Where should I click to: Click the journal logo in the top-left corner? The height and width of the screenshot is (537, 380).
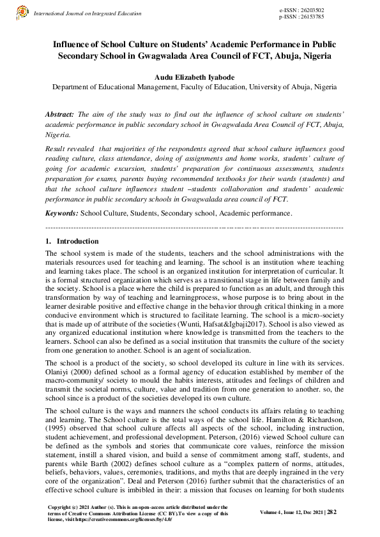pyautogui.click(x=22, y=12)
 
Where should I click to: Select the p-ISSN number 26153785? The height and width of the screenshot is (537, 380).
pyautogui.click(x=310, y=17)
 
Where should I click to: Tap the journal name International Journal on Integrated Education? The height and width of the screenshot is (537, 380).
pyautogui.click(x=87, y=13)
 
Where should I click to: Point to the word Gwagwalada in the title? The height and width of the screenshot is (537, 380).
pyautogui.click(x=158, y=55)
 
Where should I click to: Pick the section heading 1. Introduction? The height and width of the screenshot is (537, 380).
pyautogui.click(x=72, y=242)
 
